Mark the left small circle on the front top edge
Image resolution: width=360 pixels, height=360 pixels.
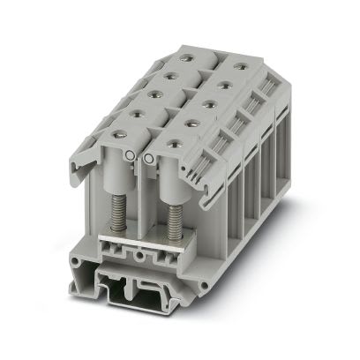pyautogui.click(x=132, y=157)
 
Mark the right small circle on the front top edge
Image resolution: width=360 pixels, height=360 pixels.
pyautogui.click(x=147, y=160)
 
